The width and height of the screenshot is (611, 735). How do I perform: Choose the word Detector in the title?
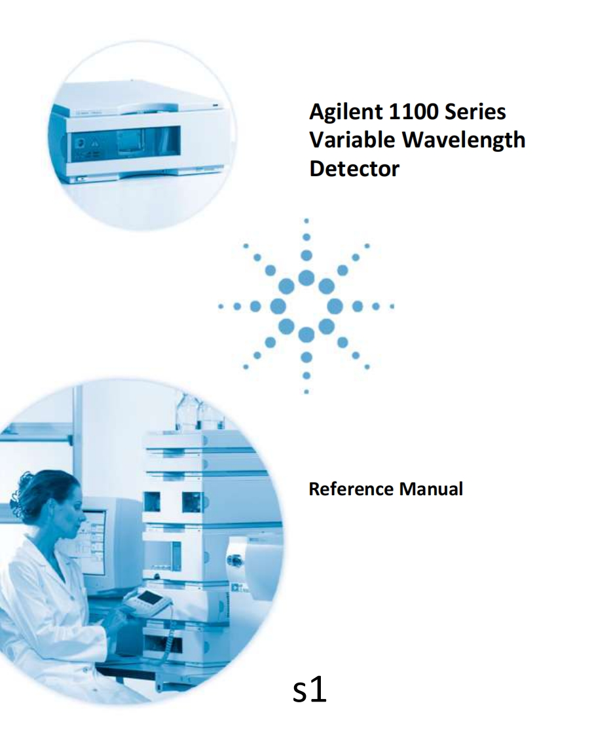[x=354, y=168]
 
